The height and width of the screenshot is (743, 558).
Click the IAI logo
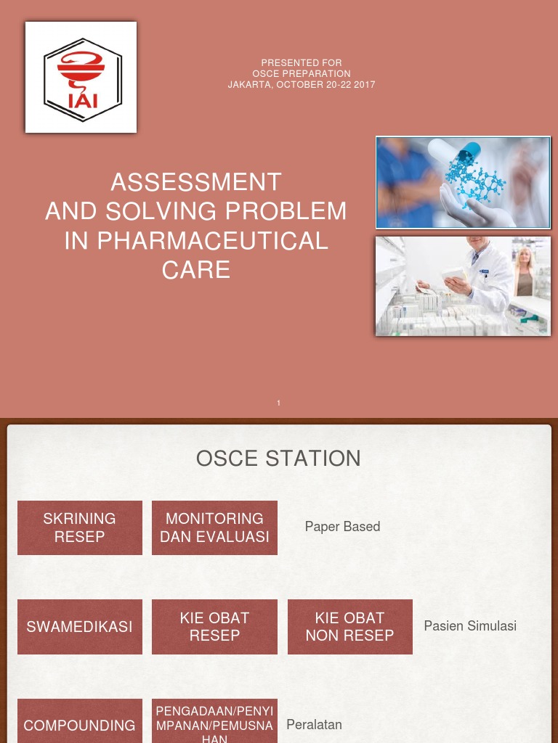[81, 77]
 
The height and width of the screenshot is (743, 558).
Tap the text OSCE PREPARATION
[302, 74]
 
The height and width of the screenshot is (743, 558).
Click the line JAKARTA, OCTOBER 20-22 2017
[302, 85]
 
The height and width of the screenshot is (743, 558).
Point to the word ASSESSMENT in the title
[196, 182]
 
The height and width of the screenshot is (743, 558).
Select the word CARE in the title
[196, 270]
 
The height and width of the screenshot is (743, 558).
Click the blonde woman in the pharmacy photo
[524, 272]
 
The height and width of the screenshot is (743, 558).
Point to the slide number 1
[279, 403]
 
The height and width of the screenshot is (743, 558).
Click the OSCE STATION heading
[278, 459]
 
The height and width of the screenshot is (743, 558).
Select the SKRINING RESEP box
[80, 528]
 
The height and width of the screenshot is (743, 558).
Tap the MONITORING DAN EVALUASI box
[214, 528]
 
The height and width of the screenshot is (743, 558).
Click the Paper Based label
[342, 527]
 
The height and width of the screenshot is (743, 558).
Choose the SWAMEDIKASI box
[80, 626]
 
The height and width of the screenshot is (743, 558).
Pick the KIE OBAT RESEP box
[214, 626]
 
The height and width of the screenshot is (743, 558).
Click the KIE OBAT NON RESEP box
[349, 626]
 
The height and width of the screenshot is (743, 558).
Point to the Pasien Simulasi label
[470, 625]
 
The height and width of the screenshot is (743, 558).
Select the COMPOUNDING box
[80, 725]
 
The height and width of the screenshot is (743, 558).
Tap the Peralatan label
[314, 724]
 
